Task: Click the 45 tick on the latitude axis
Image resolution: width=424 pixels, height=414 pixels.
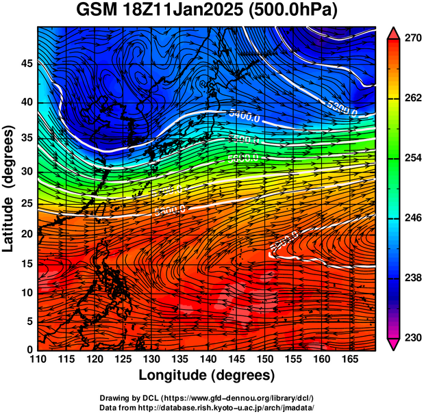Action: [x=27, y=64]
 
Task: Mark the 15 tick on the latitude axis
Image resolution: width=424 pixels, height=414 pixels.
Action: [x=27, y=263]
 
